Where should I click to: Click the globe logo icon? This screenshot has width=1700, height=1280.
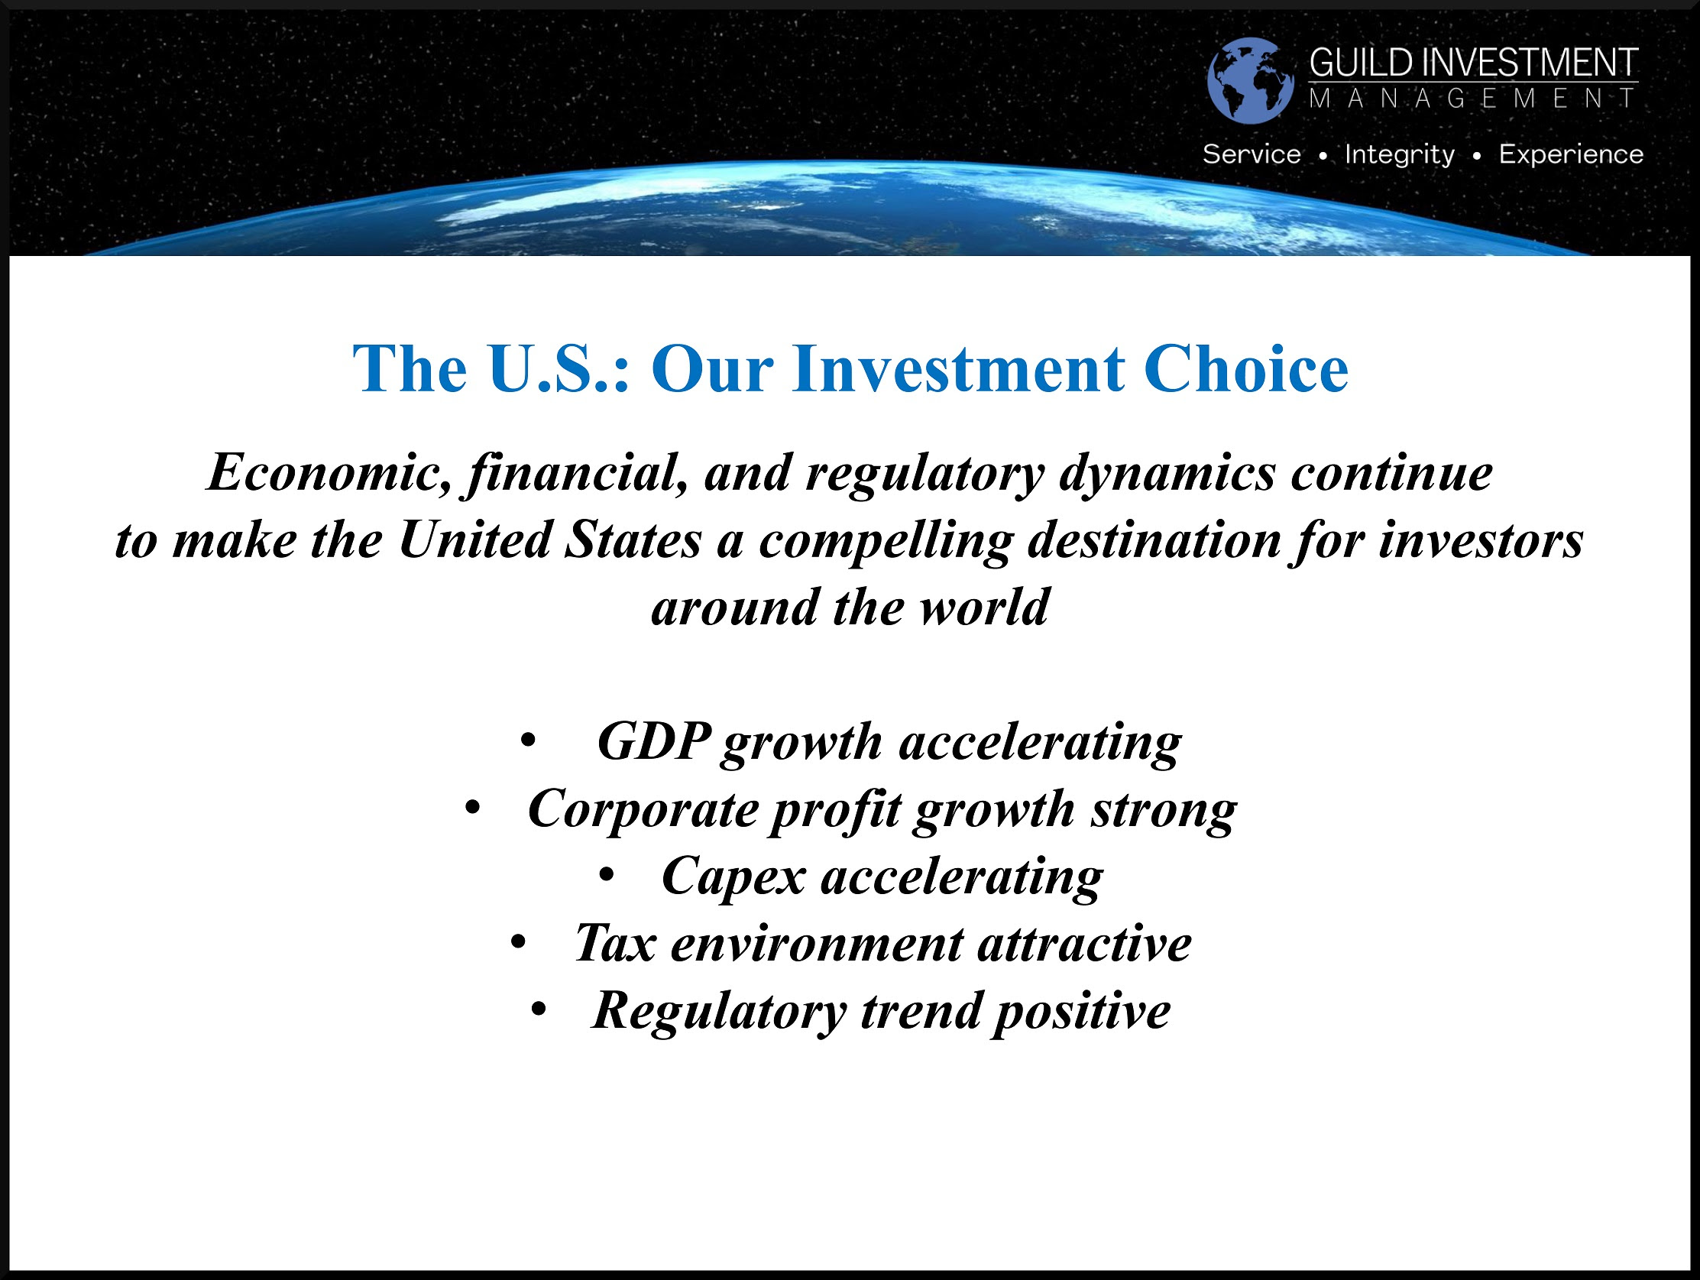(x=1251, y=80)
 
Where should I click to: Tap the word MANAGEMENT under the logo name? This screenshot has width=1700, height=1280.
(x=1473, y=99)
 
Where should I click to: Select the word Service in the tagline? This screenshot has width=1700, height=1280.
(x=1252, y=154)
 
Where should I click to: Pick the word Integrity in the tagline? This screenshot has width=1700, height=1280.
(x=1400, y=154)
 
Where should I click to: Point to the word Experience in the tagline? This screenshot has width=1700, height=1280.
(x=1571, y=154)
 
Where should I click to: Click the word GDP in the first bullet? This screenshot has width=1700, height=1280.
(x=654, y=742)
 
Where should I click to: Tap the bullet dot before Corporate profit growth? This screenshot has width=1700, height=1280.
(x=473, y=808)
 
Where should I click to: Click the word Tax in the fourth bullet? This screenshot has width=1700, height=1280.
(x=616, y=942)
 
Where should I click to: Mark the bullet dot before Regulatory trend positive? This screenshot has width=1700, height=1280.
(x=539, y=1009)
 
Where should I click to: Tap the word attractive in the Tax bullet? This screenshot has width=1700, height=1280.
(x=1084, y=944)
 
